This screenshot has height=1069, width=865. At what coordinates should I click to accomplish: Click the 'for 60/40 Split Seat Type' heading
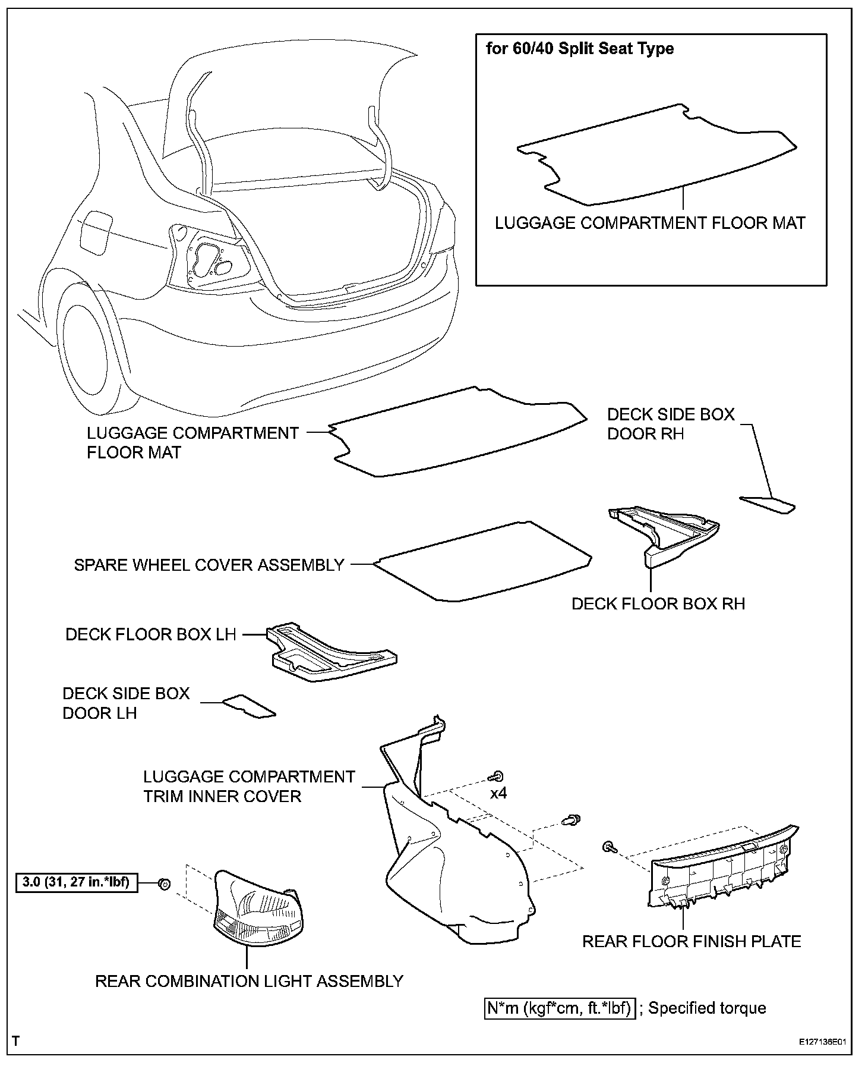click(580, 48)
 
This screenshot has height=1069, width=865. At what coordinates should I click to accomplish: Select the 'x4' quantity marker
click(498, 793)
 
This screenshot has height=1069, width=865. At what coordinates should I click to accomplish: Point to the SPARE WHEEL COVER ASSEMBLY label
click(209, 564)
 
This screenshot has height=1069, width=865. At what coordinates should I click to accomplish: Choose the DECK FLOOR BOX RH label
click(658, 603)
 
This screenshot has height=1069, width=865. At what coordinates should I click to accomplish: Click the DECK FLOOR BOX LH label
click(151, 634)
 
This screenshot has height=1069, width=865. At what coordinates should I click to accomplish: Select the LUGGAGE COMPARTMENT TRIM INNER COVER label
click(249, 786)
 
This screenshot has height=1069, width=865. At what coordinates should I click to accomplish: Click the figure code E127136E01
click(822, 1042)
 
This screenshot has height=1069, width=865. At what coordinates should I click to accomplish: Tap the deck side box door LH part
click(249, 706)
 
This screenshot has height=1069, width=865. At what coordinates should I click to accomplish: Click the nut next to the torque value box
click(165, 884)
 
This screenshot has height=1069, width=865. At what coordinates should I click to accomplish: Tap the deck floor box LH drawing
click(330, 653)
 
